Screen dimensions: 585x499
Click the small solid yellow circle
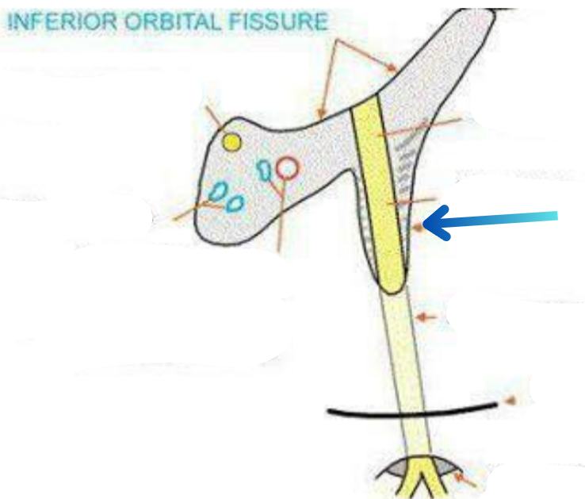click(231, 142)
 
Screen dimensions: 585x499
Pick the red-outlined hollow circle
click(288, 167)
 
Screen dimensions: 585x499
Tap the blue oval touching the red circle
click(264, 168)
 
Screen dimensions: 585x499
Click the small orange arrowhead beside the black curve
click(511, 401)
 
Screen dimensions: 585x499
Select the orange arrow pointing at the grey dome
click(466, 478)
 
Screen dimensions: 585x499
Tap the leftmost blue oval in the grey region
click(216, 192)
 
